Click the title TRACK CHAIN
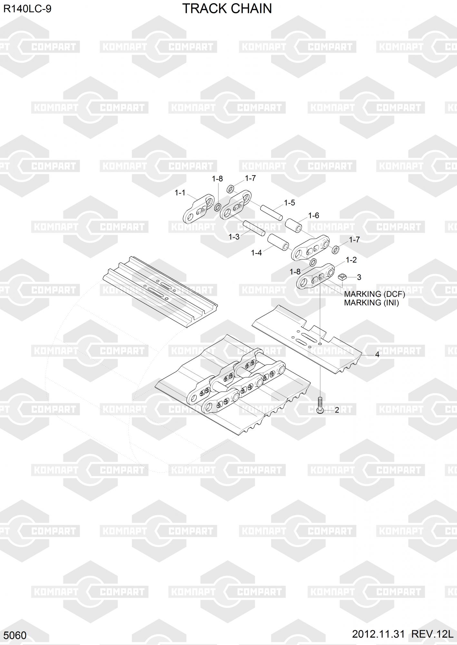[227, 9]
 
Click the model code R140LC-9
[27, 9]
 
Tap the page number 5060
[15, 635]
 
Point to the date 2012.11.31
[378, 634]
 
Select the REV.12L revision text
[432, 634]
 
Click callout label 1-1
[180, 193]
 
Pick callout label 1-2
[351, 260]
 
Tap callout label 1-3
[234, 237]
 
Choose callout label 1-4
[256, 253]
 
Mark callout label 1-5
[289, 203]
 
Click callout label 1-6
[313, 215]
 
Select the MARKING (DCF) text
[374, 294]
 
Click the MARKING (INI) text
[371, 303]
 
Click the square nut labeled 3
[342, 277]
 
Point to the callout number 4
[377, 354]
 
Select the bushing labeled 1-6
[293, 225]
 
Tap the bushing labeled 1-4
[278, 242]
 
